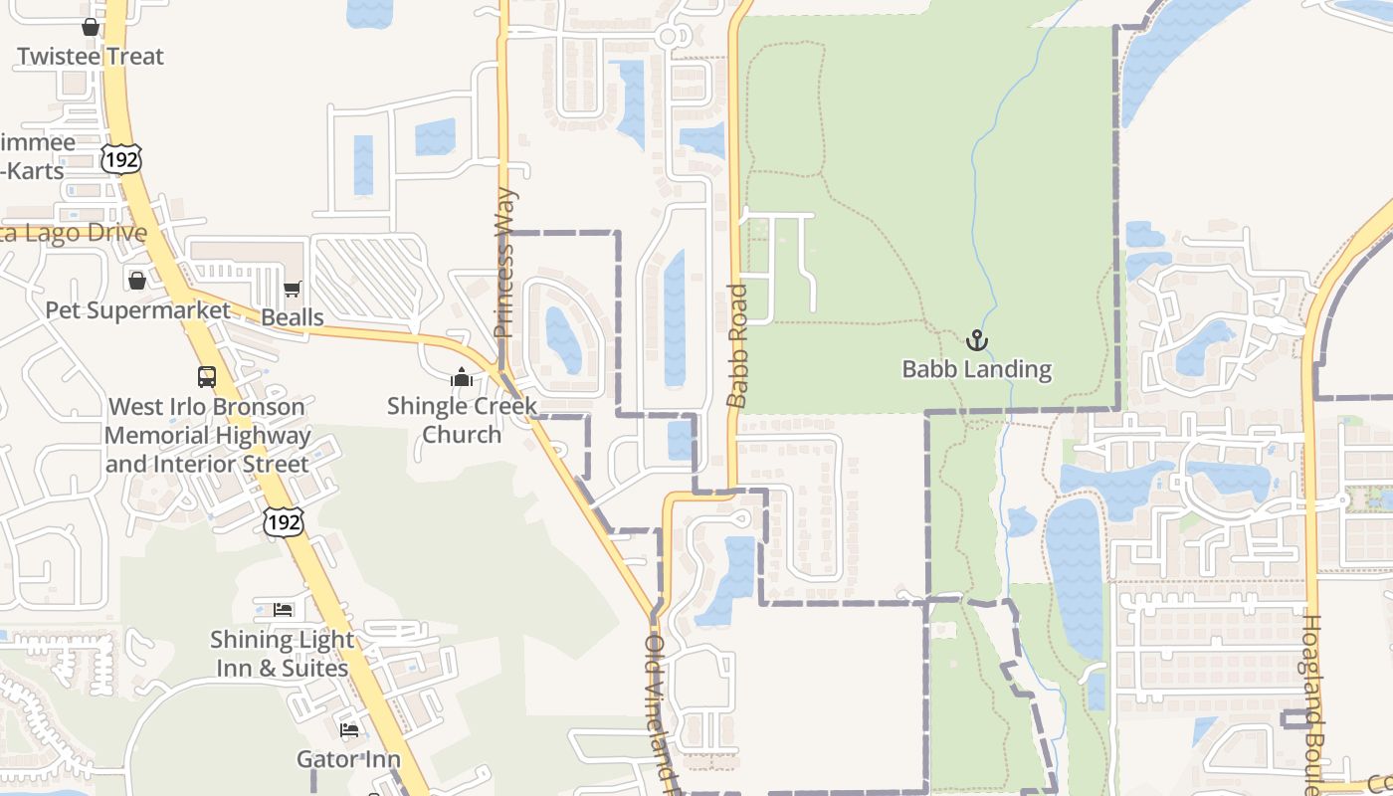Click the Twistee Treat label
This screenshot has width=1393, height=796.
click(91, 57)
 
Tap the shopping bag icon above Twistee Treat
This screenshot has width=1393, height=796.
click(91, 27)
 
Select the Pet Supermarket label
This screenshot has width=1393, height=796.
click(137, 310)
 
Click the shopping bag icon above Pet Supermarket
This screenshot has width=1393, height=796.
click(137, 281)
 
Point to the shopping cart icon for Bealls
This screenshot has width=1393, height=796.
click(292, 290)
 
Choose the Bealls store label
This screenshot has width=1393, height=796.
click(293, 317)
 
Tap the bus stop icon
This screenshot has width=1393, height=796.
click(207, 377)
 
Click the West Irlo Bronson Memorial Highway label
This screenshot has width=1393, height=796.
click(207, 435)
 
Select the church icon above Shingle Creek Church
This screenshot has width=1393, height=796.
click(461, 377)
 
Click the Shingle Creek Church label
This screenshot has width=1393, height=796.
click(462, 420)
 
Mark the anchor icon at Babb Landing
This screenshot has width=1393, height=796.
click(977, 340)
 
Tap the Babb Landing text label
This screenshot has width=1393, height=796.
click(977, 369)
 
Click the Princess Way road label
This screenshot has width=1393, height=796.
click(504, 263)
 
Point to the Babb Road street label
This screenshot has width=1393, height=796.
click(737, 346)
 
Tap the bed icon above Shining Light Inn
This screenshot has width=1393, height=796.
click(284, 609)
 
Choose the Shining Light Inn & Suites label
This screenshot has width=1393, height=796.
click(283, 654)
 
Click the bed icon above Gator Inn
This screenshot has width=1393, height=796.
click(349, 730)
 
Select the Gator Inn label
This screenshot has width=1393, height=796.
click(348, 759)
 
